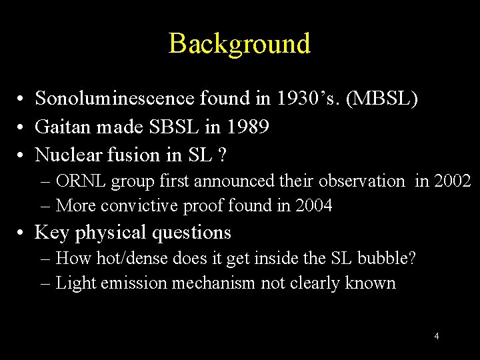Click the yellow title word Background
239,43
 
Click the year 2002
451,181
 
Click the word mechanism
213,283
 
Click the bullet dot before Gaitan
23,127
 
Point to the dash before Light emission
45,283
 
